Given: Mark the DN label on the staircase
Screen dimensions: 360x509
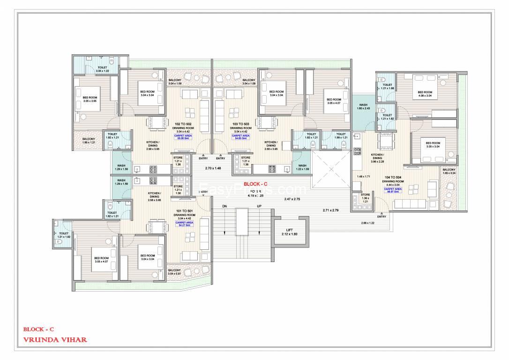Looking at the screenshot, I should [225, 207].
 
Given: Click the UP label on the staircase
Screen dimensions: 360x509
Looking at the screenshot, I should [259, 207].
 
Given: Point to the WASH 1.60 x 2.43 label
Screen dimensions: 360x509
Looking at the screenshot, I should [363, 107].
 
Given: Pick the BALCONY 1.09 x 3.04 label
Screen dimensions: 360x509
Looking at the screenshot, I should [449, 172].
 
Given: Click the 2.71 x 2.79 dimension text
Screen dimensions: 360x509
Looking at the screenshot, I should [330, 210].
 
